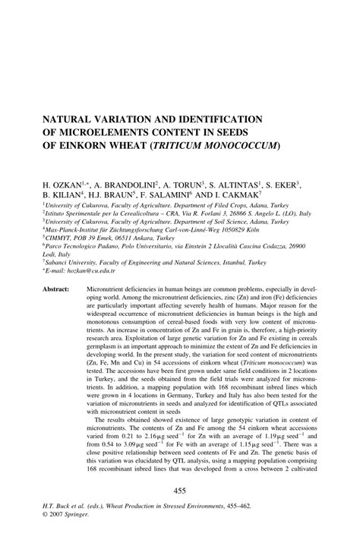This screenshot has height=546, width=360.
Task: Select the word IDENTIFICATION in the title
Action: coord(210,118)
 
